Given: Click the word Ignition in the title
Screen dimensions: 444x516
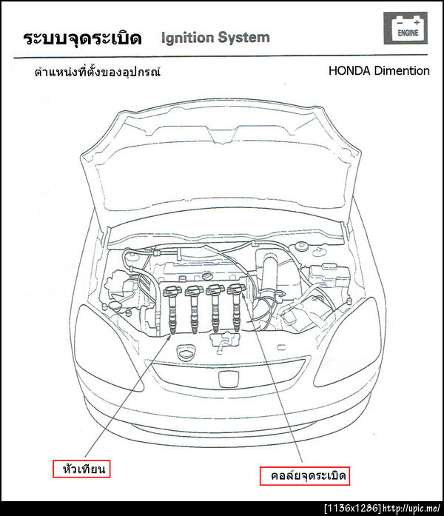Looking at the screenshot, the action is click(x=186, y=38).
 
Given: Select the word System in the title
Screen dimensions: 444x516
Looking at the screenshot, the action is click(x=243, y=38).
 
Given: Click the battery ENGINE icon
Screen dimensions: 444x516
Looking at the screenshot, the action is click(x=406, y=28).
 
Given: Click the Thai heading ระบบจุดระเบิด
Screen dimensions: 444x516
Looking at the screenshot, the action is click(x=82, y=38).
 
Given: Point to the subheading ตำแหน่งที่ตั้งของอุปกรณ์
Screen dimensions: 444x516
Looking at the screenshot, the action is click(x=98, y=71).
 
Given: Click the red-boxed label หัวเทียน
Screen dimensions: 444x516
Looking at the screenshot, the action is click(x=81, y=469).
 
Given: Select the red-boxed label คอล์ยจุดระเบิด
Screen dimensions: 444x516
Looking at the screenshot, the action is click(x=305, y=475).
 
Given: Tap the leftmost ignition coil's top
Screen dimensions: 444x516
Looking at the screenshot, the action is click(x=172, y=292).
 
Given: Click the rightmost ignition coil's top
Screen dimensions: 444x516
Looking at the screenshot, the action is click(x=236, y=289).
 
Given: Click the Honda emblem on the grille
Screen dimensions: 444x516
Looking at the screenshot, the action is click(x=228, y=379).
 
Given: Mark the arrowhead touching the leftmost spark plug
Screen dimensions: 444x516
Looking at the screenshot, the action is click(x=170, y=335).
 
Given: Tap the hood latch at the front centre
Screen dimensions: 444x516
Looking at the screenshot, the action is click(x=225, y=342).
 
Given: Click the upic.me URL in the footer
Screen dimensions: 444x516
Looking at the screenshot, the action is click(x=411, y=509).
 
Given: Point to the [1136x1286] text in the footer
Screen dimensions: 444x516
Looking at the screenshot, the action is click(x=352, y=509).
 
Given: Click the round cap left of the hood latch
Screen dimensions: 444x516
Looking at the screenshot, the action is click(x=186, y=352).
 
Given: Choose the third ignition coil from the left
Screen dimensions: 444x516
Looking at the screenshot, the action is click(x=215, y=309).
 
